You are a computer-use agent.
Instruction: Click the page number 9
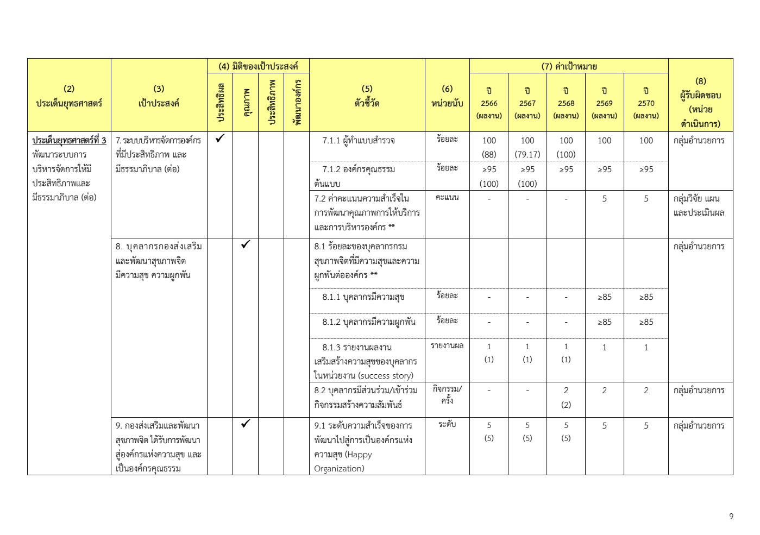coord(731,517)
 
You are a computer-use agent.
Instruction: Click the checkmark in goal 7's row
coord(220,139)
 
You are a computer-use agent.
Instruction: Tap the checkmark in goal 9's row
coord(246,424)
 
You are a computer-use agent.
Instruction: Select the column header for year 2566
coord(489,103)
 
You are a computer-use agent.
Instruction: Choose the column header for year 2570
coord(646,103)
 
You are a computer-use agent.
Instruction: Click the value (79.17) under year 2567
coord(527,154)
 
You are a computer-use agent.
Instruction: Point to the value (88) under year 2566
coord(489,154)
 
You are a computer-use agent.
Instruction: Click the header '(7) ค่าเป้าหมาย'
coord(569,66)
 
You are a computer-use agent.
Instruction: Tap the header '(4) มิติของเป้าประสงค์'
coord(258,66)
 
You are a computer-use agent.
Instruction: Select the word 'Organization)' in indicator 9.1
coord(339,469)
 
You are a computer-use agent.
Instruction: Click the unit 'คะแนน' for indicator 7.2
coord(447,197)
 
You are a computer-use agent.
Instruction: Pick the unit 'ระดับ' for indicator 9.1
coord(447,424)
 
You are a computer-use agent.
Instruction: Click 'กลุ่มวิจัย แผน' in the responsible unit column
coord(696,199)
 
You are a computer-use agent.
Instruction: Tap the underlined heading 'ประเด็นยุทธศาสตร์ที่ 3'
coord(69,141)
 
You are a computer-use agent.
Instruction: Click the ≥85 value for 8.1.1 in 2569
coord(604,297)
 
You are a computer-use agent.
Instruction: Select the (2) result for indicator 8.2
coord(566,405)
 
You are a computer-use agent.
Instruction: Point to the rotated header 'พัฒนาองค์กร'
coord(297,103)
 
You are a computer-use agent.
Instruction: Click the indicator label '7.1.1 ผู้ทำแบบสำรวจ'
coord(359,141)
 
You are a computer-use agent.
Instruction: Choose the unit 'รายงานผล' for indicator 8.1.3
coord(447,346)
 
